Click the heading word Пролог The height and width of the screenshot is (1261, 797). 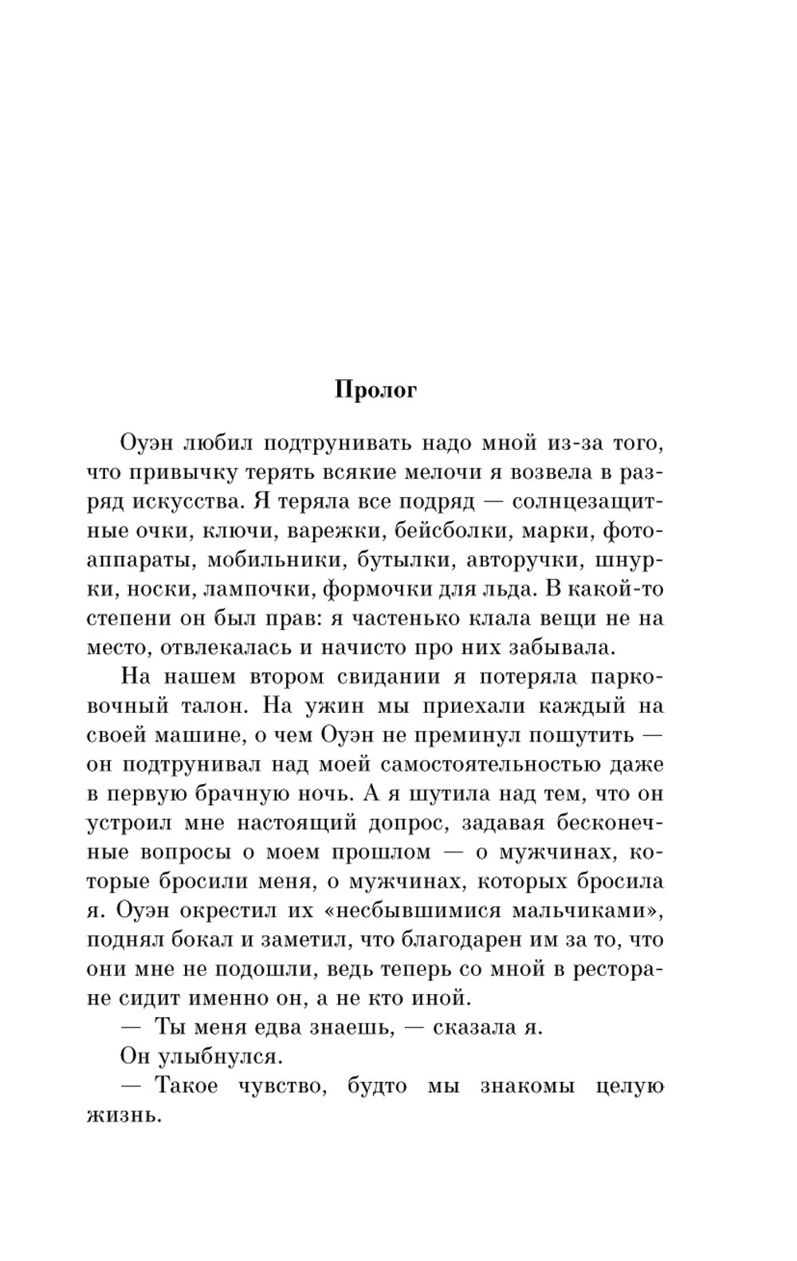click(375, 391)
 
